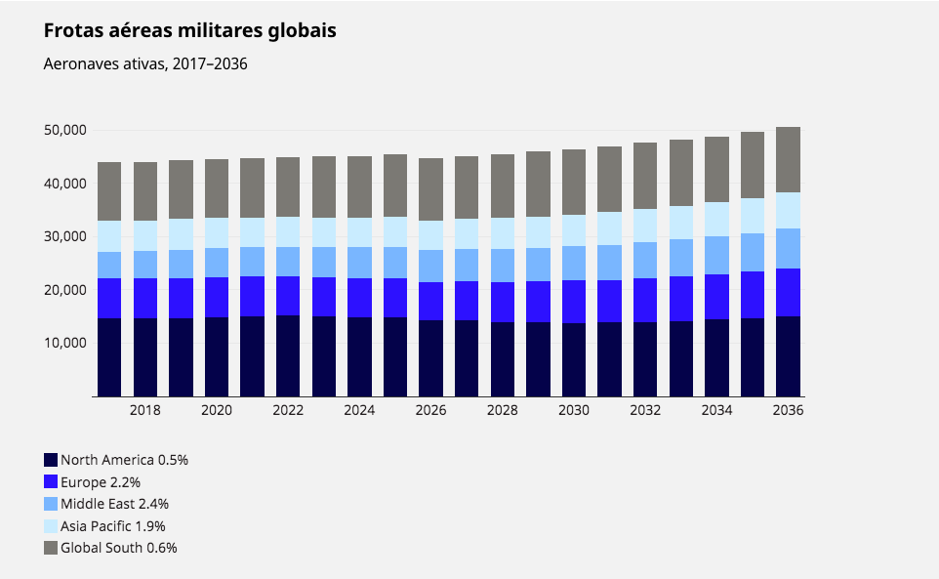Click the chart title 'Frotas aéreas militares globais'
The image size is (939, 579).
pyautogui.click(x=190, y=31)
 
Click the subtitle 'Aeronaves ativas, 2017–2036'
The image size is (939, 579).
pyautogui.click(x=145, y=64)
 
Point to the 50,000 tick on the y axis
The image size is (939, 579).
pyautogui.click(x=66, y=130)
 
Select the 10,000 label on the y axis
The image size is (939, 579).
pyautogui.click(x=66, y=343)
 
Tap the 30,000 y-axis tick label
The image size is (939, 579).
pyautogui.click(x=66, y=236)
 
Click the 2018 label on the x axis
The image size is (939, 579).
pyautogui.click(x=144, y=411)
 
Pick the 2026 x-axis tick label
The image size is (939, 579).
pyautogui.click(x=430, y=411)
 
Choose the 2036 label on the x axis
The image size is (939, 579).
pyautogui.click(x=788, y=411)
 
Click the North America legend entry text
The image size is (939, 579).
pyautogui.click(x=124, y=459)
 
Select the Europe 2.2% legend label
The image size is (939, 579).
pyautogui.click(x=101, y=481)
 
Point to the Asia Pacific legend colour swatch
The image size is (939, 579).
pyautogui.click(x=51, y=526)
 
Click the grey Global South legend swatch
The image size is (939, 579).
pyautogui.click(x=51, y=548)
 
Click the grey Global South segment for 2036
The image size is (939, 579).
pyautogui.click(x=788, y=159)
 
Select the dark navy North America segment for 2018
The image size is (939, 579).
pyautogui.click(x=144, y=356)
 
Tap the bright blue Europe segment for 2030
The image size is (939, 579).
pyautogui.click(x=573, y=302)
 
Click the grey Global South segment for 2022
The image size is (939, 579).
pyautogui.click(x=288, y=186)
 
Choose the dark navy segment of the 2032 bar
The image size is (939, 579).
pyautogui.click(x=645, y=358)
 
